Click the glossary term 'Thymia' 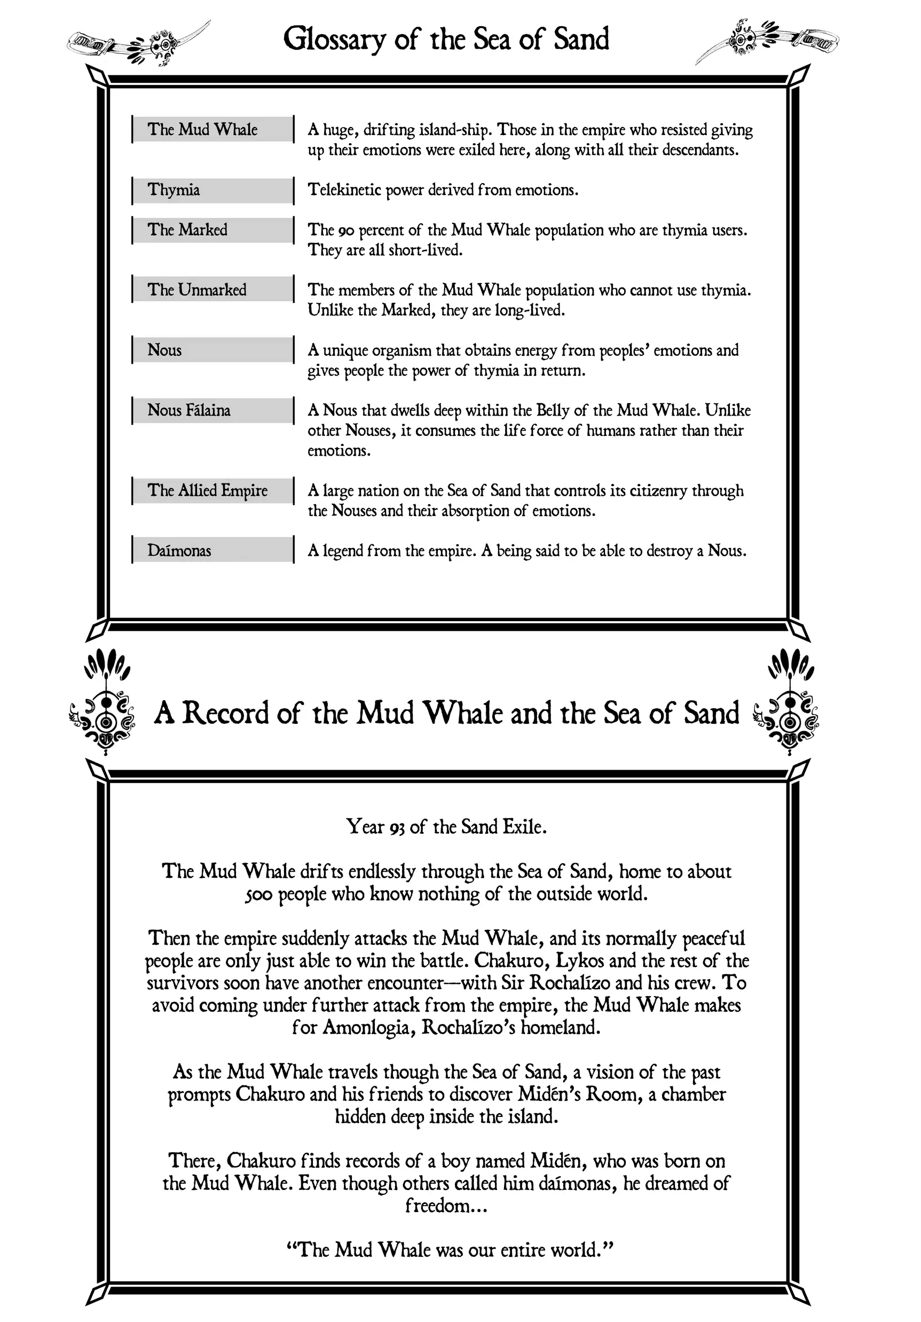[x=174, y=190]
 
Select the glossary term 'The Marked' [x=187, y=230]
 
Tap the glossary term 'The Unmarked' [x=196, y=290]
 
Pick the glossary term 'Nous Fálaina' [x=188, y=411]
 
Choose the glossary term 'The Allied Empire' [x=207, y=490]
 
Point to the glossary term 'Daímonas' [x=179, y=551]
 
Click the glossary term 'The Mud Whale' [x=202, y=130]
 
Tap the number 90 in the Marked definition [x=346, y=231]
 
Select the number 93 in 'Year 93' [x=397, y=828]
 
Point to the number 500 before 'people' [x=258, y=895]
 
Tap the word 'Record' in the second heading [x=226, y=714]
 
